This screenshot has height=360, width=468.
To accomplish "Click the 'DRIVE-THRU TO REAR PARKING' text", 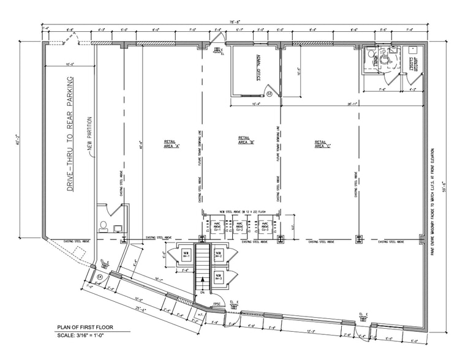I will (x=70, y=134).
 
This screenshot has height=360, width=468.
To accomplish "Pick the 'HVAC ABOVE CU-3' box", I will (x=265, y=227).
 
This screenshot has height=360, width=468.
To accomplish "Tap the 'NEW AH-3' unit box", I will (x=219, y=277).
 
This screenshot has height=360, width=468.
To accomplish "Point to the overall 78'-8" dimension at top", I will (x=235, y=22).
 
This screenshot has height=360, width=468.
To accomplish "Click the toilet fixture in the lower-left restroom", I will (x=103, y=228).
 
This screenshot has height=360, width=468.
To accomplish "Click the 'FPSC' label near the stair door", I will (x=217, y=304).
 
